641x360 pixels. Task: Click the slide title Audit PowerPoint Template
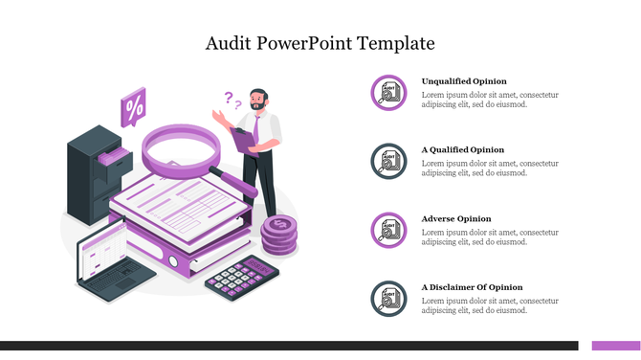[x=320, y=43]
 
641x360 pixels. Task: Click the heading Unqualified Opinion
[x=464, y=81]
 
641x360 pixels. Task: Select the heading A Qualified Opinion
[x=463, y=150]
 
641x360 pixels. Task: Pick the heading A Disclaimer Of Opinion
[x=473, y=287]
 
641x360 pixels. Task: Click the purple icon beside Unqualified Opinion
[x=388, y=92]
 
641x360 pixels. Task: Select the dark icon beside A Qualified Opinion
[x=388, y=161]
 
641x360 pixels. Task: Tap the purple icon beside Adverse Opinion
[x=388, y=230]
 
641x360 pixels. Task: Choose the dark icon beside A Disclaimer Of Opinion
[x=388, y=299]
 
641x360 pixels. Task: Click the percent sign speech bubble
[x=134, y=105]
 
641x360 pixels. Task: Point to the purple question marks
[x=230, y=100]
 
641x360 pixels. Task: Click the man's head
[x=257, y=99]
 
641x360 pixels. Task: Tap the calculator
[x=242, y=273]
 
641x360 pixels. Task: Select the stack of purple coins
[x=280, y=235]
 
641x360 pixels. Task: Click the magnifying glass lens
[x=182, y=149]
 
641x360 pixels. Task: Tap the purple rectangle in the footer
[x=615, y=346]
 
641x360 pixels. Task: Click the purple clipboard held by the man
[x=244, y=137]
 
